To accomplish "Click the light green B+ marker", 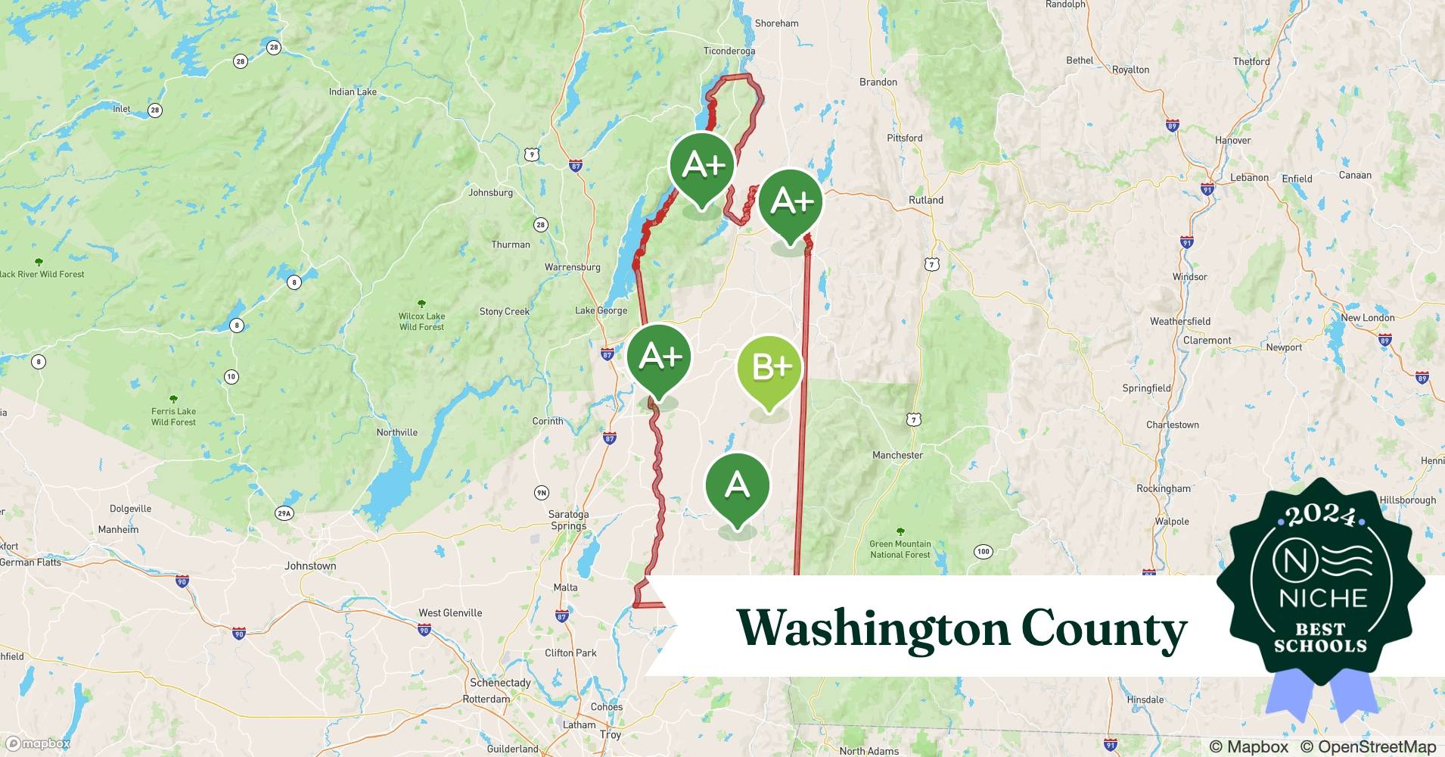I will (x=769, y=369).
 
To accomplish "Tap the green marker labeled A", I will (x=737, y=485).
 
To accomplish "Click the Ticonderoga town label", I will (x=729, y=51).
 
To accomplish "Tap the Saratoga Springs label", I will (x=568, y=520).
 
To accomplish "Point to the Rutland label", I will (x=925, y=201).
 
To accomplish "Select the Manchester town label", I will (x=897, y=455).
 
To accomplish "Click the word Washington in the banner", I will (x=873, y=628).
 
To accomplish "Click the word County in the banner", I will (x=1103, y=628).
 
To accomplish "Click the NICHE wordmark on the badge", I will (x=1323, y=598).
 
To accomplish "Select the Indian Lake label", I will (x=353, y=92).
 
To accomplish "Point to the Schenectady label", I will (x=500, y=682).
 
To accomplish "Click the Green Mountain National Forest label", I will (x=900, y=549).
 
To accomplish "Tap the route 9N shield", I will (x=541, y=493).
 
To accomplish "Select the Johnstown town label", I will (x=310, y=565).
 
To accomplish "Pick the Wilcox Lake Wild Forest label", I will (x=421, y=321).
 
